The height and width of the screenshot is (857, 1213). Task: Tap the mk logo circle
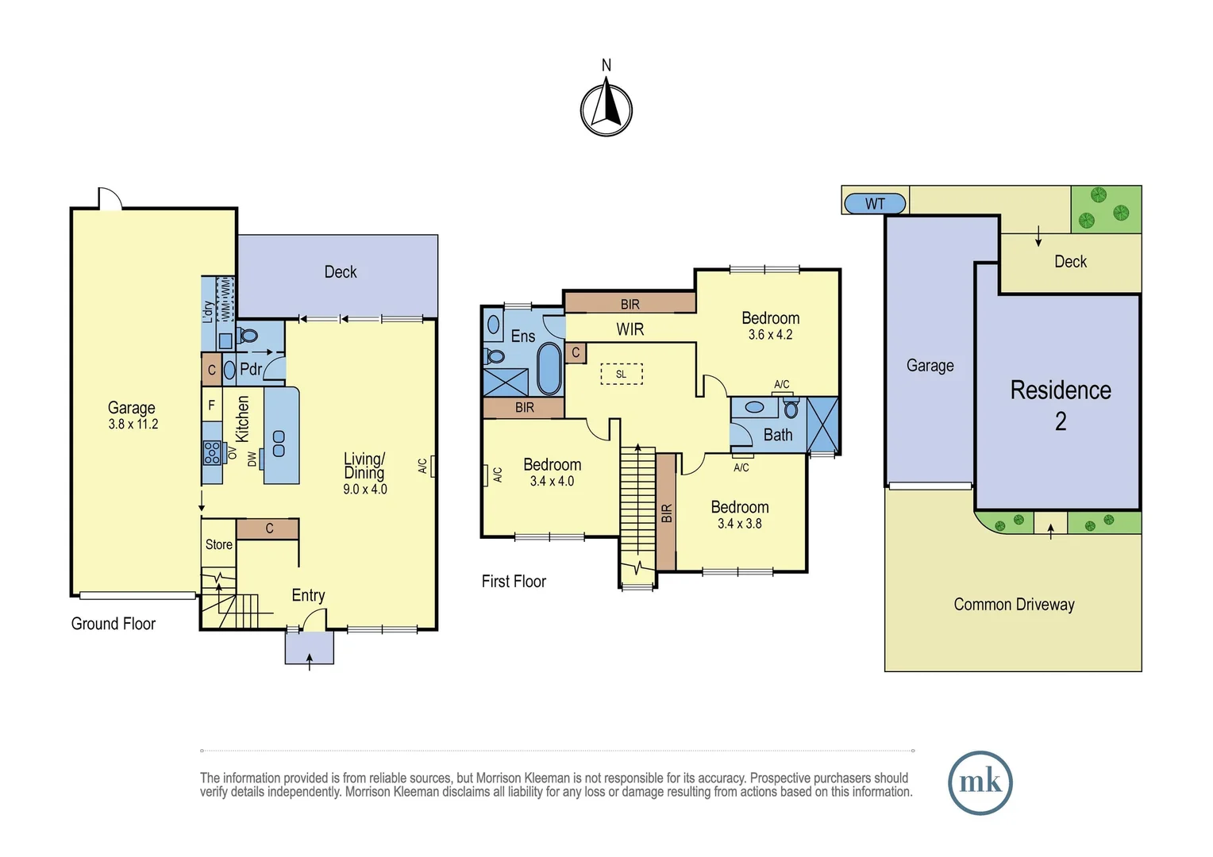980,782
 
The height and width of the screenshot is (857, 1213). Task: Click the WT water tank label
875,204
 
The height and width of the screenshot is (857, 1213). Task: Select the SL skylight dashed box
621,374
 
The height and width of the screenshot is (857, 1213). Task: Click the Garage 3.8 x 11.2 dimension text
133,424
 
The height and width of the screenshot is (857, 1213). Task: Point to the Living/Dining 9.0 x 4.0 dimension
365,489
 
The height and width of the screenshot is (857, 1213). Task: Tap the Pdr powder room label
251,369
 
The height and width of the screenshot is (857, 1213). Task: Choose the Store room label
219,544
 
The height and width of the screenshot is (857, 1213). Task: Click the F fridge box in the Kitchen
212,405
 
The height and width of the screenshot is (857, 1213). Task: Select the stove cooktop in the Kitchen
212,452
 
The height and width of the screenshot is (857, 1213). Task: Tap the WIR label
630,329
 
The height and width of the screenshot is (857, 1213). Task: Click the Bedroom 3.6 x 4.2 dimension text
771,335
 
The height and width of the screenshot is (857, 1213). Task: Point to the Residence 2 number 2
1061,421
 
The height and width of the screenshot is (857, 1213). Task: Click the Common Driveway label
1014,604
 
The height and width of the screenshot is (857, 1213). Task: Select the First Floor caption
514,582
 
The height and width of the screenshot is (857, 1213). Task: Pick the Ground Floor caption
114,624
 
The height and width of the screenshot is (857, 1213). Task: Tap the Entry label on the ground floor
308,595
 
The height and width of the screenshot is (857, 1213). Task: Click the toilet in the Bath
791,408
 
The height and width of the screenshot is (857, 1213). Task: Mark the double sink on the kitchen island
279,444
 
